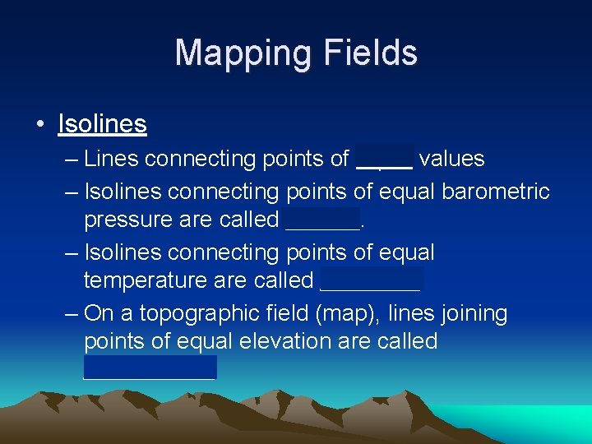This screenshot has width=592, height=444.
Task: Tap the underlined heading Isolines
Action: coord(102,124)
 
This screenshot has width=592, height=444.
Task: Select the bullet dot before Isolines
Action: coord(40,125)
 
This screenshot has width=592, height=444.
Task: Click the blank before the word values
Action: coord(385,158)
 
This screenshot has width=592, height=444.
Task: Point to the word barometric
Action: coord(496,192)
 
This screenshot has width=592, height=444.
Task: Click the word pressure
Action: coord(120,220)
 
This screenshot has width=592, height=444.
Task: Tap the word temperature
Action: coord(146,280)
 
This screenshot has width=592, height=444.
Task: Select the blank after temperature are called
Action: coord(370,280)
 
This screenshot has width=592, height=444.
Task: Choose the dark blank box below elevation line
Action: coord(150,367)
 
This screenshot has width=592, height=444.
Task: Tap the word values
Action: coord(451,158)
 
